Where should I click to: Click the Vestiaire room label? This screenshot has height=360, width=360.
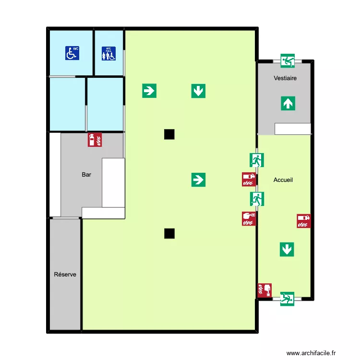pyautogui.click(x=285, y=78)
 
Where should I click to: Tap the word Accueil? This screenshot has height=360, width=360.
pyautogui.click(x=283, y=180)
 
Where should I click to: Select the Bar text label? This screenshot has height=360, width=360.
pyautogui.click(x=86, y=175)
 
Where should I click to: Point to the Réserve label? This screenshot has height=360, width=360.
pyautogui.click(x=65, y=275)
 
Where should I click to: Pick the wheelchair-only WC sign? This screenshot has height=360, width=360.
pyautogui.click(x=72, y=53)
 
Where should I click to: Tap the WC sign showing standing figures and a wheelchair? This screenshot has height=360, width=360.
pyautogui.click(x=109, y=53)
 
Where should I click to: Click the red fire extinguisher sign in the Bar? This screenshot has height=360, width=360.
pyautogui.click(x=95, y=140)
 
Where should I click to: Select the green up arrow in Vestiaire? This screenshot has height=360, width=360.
pyautogui.click(x=287, y=103)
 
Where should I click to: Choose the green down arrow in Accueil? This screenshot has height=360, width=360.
pyautogui.click(x=287, y=249)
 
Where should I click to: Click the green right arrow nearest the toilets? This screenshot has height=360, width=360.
pyautogui.click(x=149, y=90)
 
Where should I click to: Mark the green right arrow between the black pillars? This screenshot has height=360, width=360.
pyautogui.click(x=198, y=180)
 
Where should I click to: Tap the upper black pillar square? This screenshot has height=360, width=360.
pyautogui.click(x=169, y=134)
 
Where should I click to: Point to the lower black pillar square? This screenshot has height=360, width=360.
pyautogui.click(x=169, y=234)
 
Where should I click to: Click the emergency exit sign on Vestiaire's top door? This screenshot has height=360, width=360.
pyautogui.click(x=288, y=61)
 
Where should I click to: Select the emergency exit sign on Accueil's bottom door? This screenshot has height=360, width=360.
pyautogui.click(x=287, y=299)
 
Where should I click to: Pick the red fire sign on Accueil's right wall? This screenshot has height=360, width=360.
pyautogui.click(x=303, y=221)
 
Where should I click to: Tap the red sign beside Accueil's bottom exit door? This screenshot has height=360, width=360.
pyautogui.click(x=264, y=290)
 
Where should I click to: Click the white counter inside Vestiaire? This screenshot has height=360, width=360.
pyautogui.click(x=293, y=129)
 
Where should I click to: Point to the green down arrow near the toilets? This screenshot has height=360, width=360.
pyautogui.click(x=198, y=90)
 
